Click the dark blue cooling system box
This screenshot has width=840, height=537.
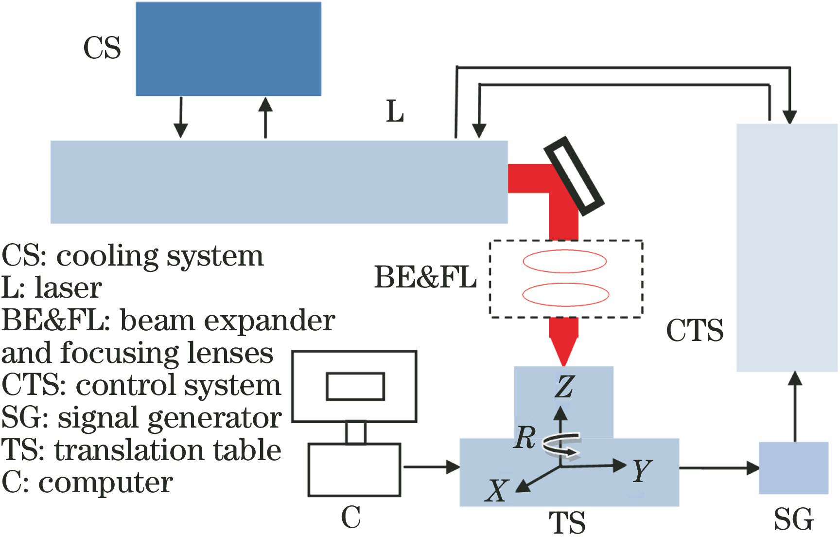(228, 49)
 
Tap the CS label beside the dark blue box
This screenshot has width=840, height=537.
(102, 48)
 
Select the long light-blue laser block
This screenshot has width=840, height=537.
(279, 182)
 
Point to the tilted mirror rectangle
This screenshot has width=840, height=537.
(574, 176)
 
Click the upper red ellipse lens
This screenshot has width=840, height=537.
(565, 261)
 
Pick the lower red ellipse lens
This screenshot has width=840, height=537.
(565, 294)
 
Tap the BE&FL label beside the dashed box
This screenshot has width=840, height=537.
(425, 278)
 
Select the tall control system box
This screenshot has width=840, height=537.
(787, 248)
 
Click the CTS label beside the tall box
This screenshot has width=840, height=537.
(695, 331)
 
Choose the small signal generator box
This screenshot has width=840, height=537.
(794, 468)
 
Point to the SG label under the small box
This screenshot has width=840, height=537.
(793, 519)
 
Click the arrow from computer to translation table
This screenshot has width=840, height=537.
(432, 467)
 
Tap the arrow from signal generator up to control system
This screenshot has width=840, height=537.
(795, 407)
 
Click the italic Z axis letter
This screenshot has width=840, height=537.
(564, 387)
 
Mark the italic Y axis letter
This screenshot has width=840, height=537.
(642, 470)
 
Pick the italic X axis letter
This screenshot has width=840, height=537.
(497, 490)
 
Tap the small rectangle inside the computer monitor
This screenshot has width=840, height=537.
(355, 387)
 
